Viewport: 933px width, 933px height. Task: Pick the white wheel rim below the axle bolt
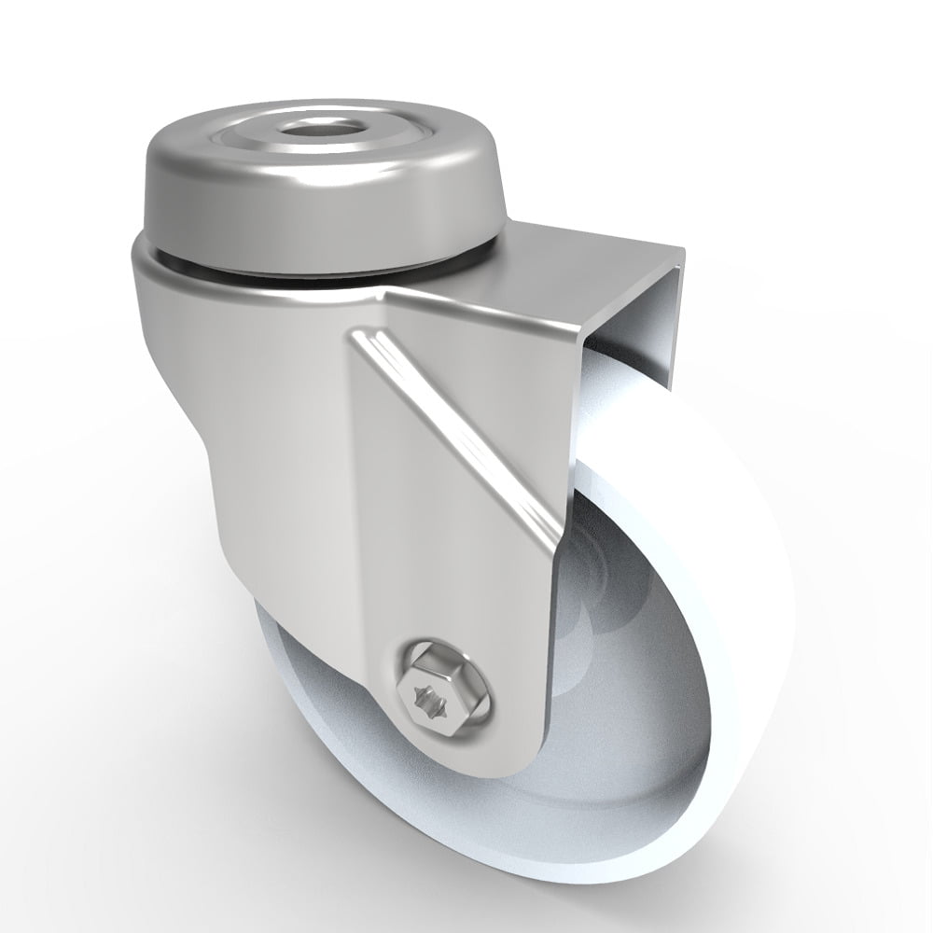(x=466, y=840)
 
